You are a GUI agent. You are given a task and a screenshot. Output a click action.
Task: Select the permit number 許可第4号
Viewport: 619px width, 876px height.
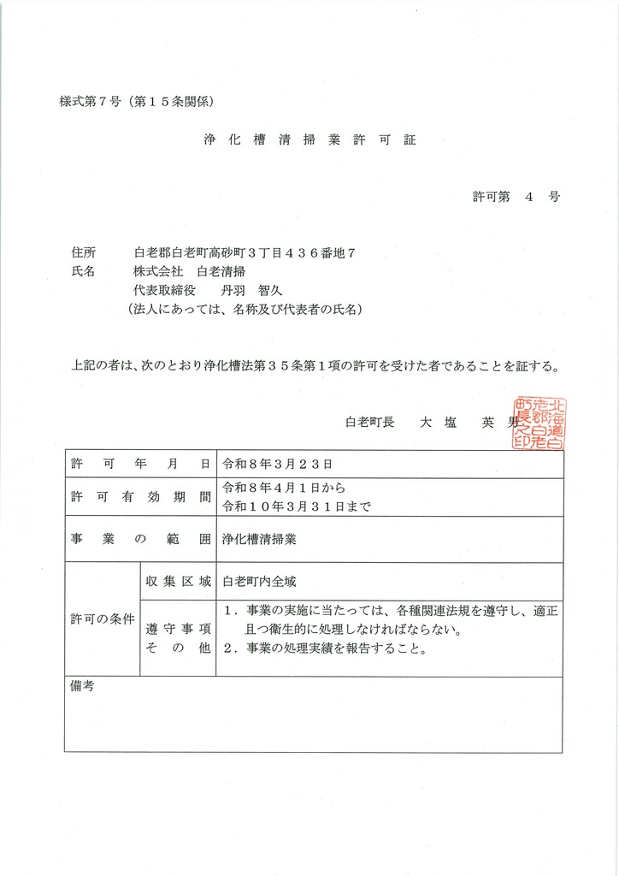(517, 196)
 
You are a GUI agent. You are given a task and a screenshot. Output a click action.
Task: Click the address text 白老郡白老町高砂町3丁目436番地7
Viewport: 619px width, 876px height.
(245, 252)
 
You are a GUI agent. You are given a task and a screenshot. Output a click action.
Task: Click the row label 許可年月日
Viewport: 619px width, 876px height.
(140, 464)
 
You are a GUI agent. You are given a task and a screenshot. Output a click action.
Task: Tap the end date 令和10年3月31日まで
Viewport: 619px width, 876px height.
(296, 505)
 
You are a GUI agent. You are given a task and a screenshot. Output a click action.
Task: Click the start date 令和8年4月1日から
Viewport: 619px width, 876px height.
(283, 488)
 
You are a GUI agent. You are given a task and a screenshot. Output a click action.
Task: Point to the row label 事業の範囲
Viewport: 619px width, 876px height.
(140, 540)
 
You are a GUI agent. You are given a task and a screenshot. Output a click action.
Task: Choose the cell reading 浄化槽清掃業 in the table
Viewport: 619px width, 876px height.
(256, 540)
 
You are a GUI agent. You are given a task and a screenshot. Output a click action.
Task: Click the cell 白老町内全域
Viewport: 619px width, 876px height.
(259, 581)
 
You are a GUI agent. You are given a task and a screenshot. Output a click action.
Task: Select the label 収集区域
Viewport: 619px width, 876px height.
(178, 581)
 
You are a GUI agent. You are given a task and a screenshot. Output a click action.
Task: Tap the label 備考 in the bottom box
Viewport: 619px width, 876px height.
(82, 686)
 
